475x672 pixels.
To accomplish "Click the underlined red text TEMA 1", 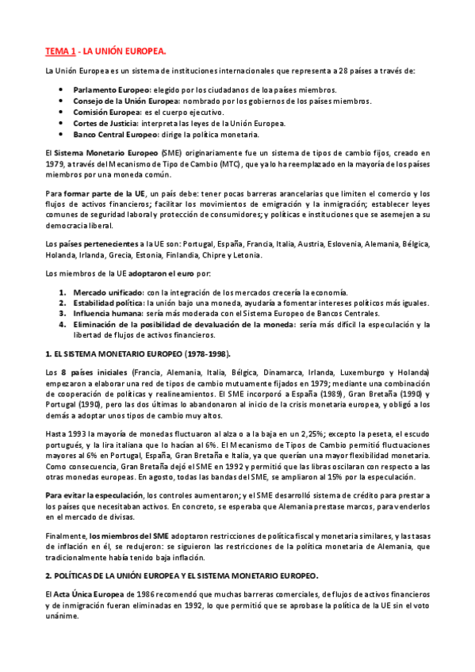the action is [x=60, y=52].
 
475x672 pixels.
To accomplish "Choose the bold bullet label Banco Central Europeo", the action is [x=115, y=135].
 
